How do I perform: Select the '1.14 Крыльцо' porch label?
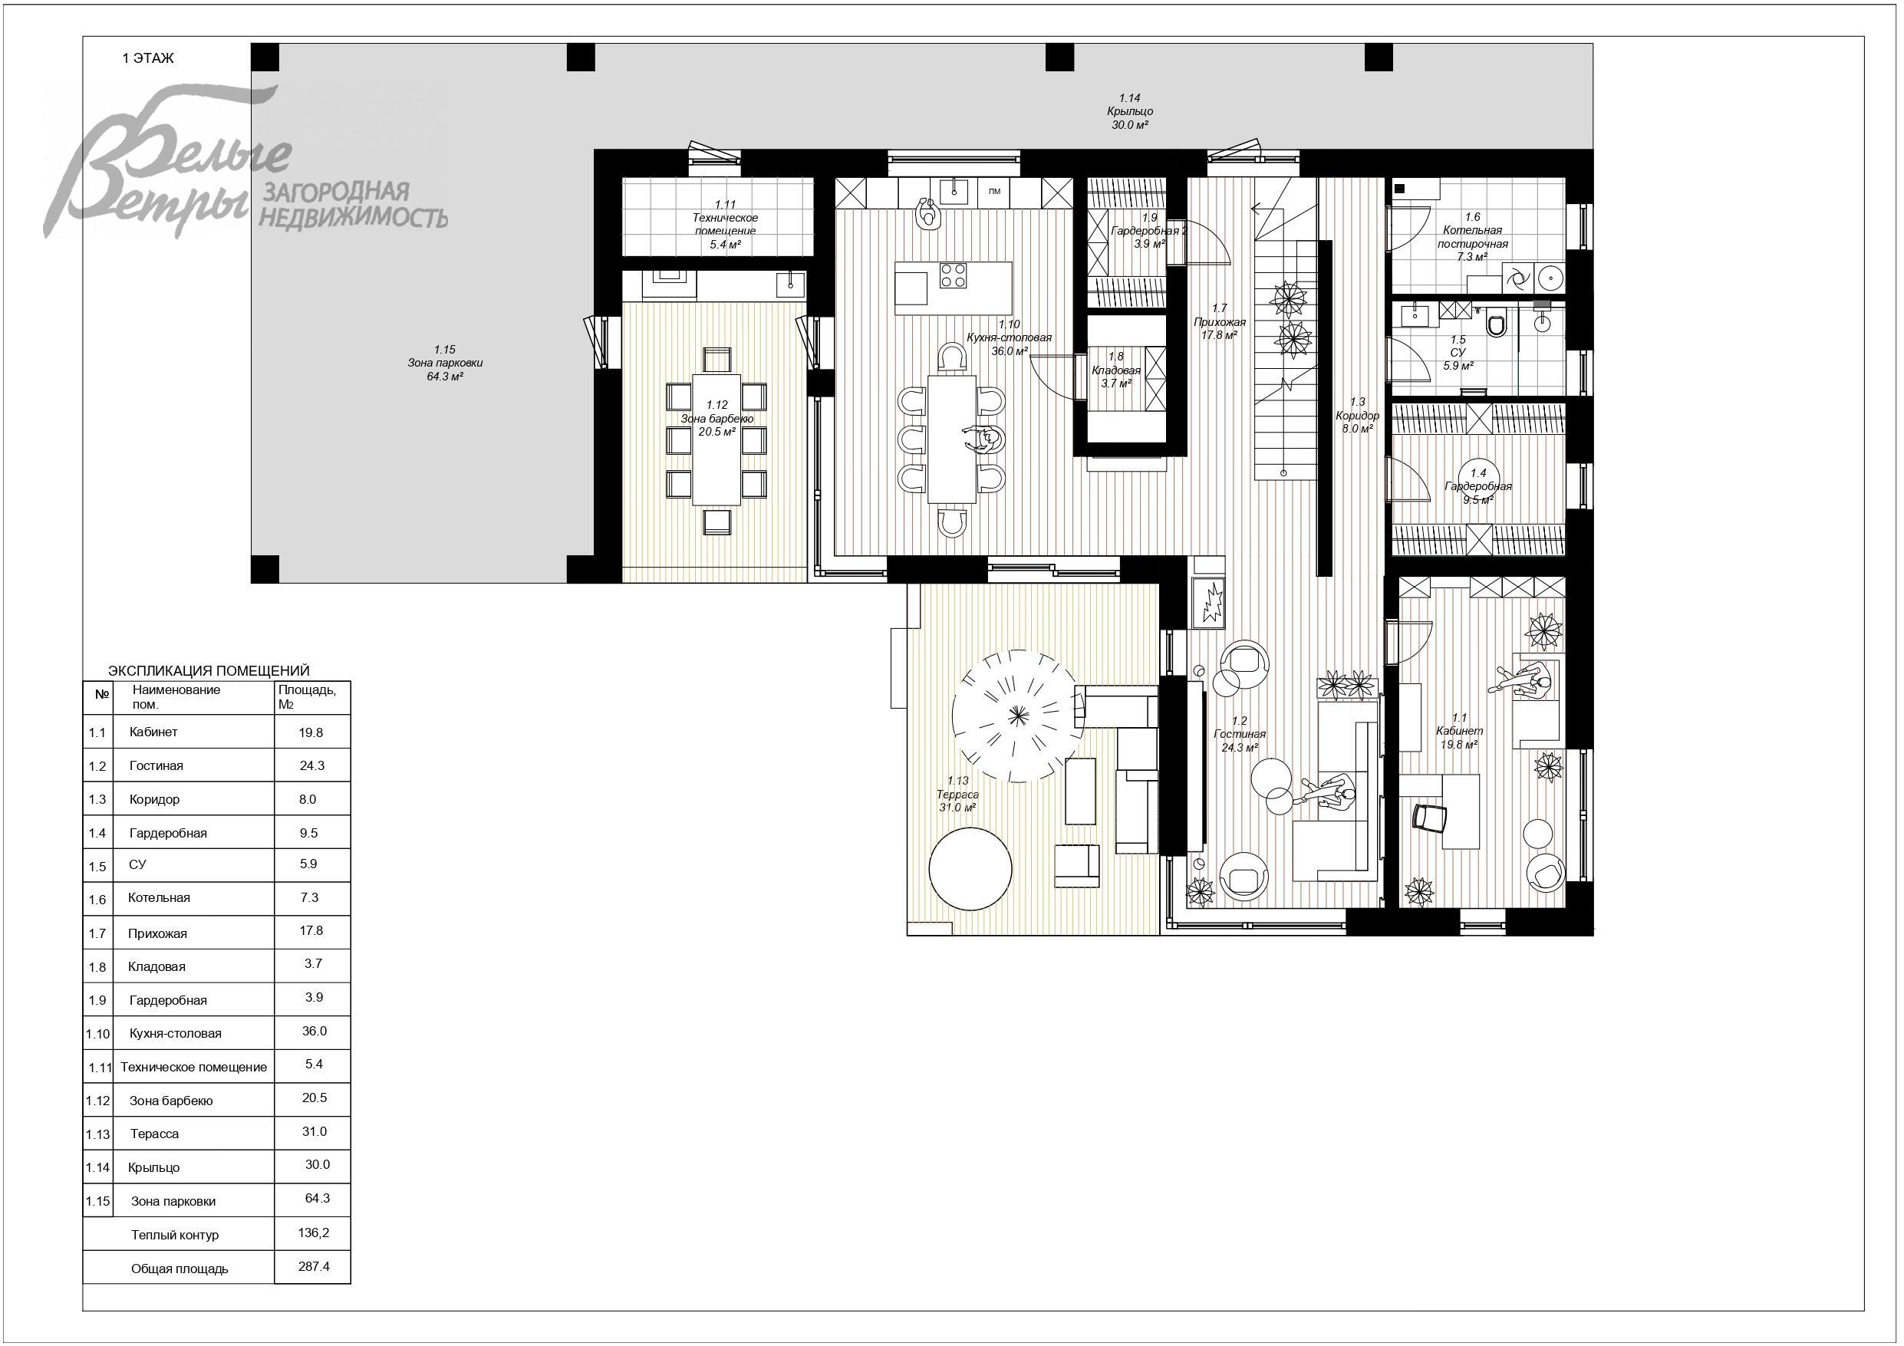[1129, 111]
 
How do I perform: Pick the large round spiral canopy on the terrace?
[1018, 715]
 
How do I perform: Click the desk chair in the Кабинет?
[1430, 818]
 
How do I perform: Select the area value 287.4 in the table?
[314, 1266]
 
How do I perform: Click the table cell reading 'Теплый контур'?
[175, 1235]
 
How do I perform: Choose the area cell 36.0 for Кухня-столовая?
[315, 1031]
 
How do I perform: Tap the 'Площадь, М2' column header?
[308, 696]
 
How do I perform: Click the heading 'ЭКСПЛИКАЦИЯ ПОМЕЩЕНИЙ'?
[209, 670]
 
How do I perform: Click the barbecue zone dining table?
[716, 439]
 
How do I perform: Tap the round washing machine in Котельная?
[1549, 277]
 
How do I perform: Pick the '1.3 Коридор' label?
[1357, 415]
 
